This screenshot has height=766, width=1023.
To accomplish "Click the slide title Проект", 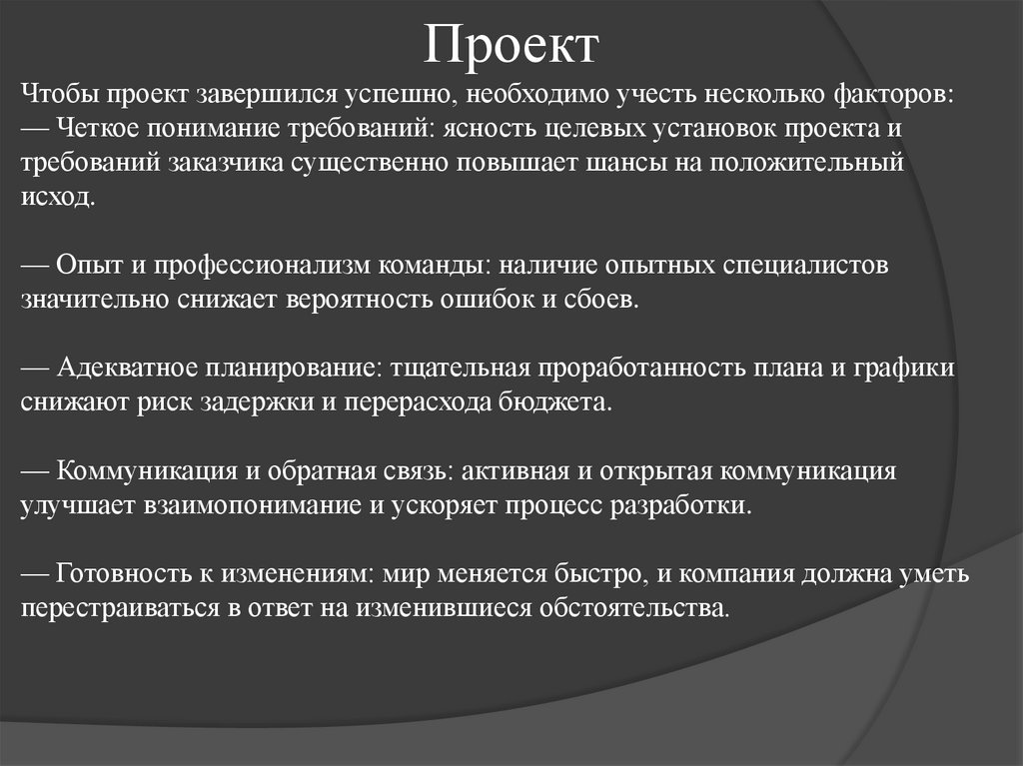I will (x=511, y=44).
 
